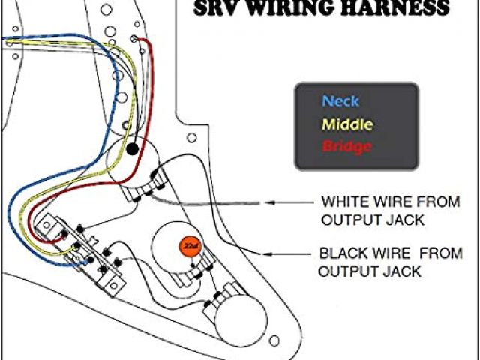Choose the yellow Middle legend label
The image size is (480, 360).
(346, 124)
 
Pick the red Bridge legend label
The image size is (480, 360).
(346, 146)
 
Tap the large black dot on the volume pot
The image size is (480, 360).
(132, 150)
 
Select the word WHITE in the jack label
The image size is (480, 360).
(343, 202)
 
